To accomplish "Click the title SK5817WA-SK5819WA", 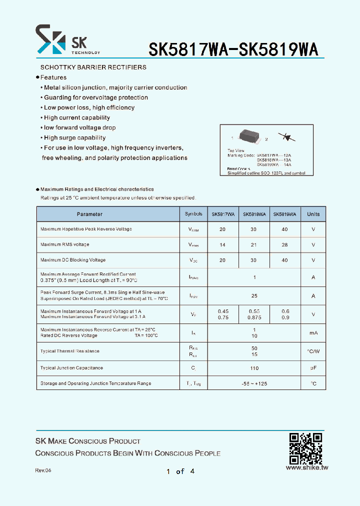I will tap(233, 49).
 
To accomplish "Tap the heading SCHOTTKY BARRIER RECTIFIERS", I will tap(93, 67).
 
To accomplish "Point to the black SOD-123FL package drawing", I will tap(249, 136).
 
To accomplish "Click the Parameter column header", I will tap(89, 214).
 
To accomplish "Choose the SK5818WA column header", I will tap(254, 214).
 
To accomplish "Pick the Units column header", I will tap(313, 214).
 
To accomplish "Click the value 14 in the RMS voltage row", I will tap(222, 245).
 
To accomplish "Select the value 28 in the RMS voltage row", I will tap(284, 245).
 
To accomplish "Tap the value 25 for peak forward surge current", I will tap(254, 296).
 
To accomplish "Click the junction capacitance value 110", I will tap(254, 368).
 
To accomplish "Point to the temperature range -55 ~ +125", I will tap(254, 384).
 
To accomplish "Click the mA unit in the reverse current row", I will tap(313, 333).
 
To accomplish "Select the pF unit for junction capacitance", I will tap(313, 368).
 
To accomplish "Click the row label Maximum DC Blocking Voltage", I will tap(73, 260).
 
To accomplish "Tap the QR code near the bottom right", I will tap(305, 448).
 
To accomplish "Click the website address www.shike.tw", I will tap(306, 468).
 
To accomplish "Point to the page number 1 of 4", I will tap(180, 471).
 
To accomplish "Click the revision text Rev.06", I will tap(43, 471).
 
